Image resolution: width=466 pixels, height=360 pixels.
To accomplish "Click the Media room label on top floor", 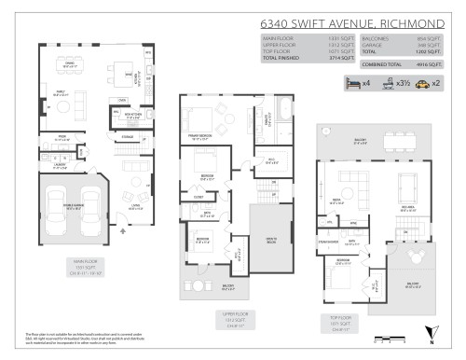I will (x=335, y=199).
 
